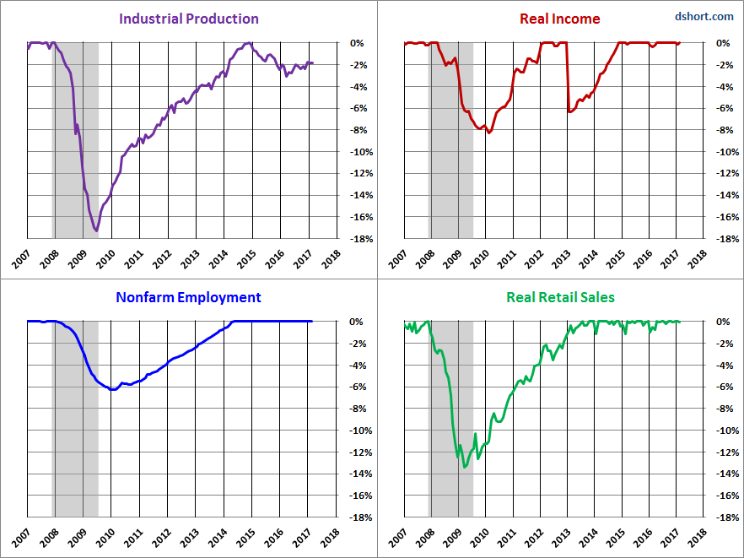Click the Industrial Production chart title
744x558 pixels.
[x=189, y=19]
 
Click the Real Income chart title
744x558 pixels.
[x=560, y=19]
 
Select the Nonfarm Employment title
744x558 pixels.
[x=189, y=297]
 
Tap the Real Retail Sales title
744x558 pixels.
[x=560, y=297]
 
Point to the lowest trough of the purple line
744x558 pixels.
[x=96, y=230]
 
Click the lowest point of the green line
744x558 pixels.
[x=465, y=467]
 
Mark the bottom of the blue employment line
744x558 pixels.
[x=112, y=389]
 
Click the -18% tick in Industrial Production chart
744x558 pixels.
[x=358, y=239]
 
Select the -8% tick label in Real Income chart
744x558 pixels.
[x=716, y=130]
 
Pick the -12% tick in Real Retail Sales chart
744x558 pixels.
[x=716, y=452]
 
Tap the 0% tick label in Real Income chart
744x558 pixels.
[x=716, y=43]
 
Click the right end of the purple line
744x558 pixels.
[x=311, y=63]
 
